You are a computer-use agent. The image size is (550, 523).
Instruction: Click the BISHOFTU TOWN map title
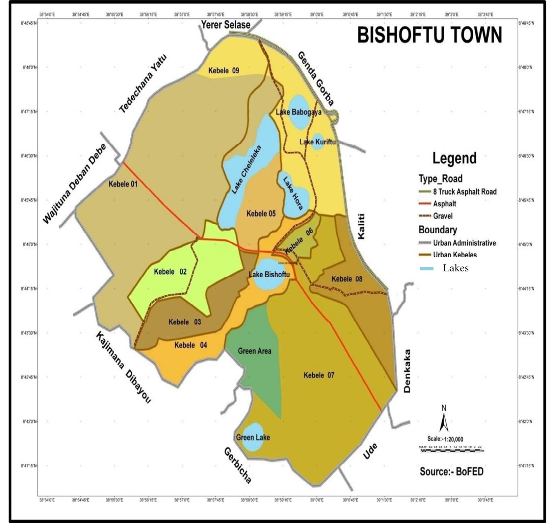point(430,35)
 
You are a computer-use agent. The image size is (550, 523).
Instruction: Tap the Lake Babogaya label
point(299,112)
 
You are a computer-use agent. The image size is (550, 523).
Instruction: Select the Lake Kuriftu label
point(317,142)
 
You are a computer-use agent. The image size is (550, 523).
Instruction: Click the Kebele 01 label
point(123,184)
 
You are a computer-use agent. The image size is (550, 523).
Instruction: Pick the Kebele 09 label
point(224,70)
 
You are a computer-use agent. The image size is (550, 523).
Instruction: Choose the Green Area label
point(254,351)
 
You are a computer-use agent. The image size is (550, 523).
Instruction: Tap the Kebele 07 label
point(319,375)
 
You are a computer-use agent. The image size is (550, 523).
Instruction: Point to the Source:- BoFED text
point(452,472)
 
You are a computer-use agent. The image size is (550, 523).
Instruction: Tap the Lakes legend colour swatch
point(426,269)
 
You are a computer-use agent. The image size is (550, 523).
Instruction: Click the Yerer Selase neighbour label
point(226,25)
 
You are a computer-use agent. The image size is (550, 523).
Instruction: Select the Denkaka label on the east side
point(407,371)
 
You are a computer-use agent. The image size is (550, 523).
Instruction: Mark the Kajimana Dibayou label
point(123,367)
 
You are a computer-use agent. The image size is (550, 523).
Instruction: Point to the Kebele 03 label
point(184,322)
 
